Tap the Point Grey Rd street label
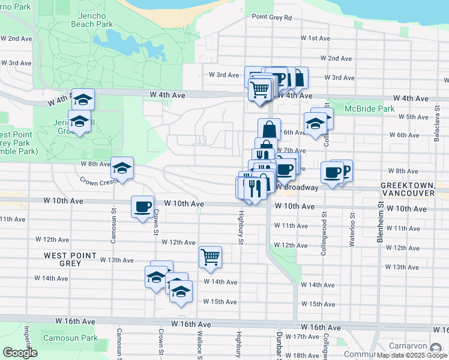pyautogui.click(x=271, y=18)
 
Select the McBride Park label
pyautogui.click(x=370, y=109)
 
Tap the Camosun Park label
pyautogui.click(x=70, y=338)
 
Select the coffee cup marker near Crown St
pyautogui.click(x=143, y=207)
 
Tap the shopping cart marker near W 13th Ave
pyautogui.click(x=210, y=257)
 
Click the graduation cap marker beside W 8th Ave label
pyautogui.click(x=122, y=169)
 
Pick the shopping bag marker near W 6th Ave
pyautogui.click(x=270, y=128)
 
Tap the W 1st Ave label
pyautogui.click(x=315, y=38)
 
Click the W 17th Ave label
pyautogui.click(x=303, y=337)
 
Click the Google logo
pyautogui.click(x=20, y=353)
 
